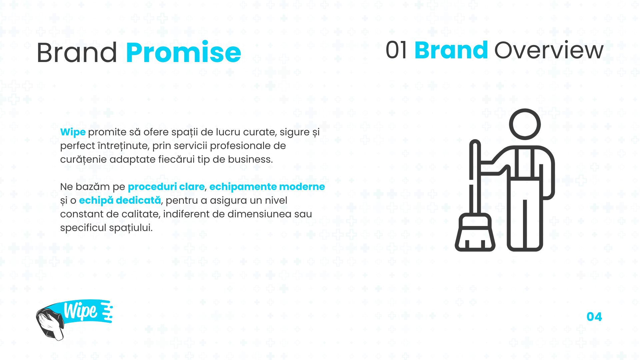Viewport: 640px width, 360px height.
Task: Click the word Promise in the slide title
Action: [x=183, y=52]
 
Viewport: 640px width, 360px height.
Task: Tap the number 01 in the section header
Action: [x=396, y=50]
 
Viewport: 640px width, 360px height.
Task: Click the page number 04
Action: [x=594, y=317]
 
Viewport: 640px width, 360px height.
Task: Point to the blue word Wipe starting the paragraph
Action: [x=73, y=132]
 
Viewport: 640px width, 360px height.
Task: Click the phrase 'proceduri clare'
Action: [x=166, y=187]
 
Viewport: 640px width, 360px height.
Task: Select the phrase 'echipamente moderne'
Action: [x=267, y=187]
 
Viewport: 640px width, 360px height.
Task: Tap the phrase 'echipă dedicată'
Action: [x=120, y=200]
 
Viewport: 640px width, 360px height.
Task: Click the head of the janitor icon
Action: [x=525, y=124]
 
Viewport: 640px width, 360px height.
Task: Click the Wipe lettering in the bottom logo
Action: [x=81, y=311]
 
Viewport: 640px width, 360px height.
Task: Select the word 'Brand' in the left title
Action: [x=77, y=52]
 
